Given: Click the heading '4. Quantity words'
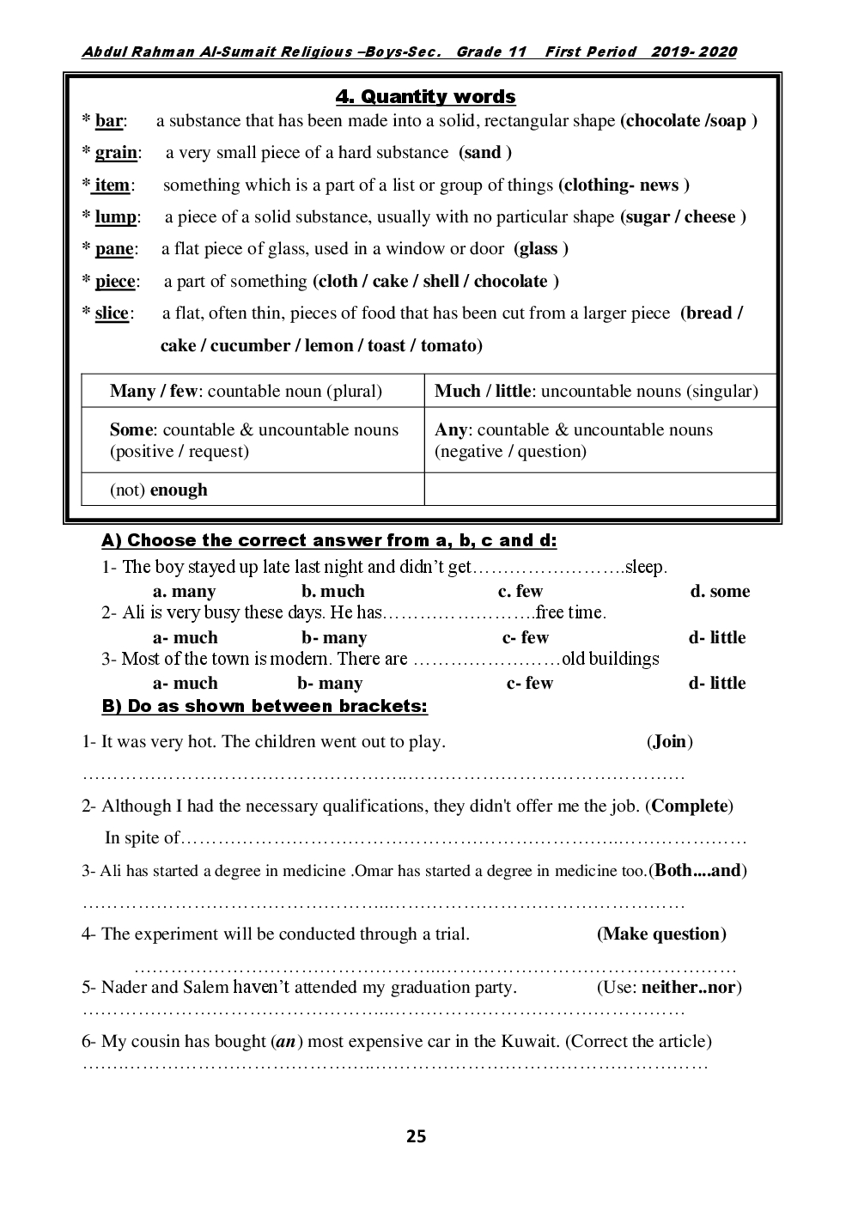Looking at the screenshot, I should click(425, 97).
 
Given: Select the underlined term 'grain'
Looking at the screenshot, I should click(116, 153).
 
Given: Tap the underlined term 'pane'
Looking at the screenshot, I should click(114, 249).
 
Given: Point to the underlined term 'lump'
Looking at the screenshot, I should click(115, 217).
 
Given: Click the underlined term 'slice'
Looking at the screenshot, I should click(112, 313).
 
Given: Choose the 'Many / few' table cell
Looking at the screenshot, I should click(246, 392).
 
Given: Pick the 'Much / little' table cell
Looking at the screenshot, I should click(596, 392).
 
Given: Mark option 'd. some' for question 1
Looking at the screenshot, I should click(720, 592).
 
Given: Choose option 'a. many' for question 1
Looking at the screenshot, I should click(184, 592).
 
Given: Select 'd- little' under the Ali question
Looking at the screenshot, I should click(717, 638).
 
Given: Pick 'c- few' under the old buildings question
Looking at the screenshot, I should click(530, 684).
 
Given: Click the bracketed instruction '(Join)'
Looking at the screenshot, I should click(670, 742).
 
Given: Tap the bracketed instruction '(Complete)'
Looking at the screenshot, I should click(691, 806).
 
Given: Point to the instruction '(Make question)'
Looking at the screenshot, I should click(661, 934).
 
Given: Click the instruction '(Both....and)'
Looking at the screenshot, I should click(698, 871).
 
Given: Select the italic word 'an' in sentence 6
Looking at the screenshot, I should click(285, 1042).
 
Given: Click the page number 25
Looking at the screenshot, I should click(416, 1137).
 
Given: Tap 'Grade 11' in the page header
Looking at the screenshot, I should click(491, 52).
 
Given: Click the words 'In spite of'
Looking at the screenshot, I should click(143, 838).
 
